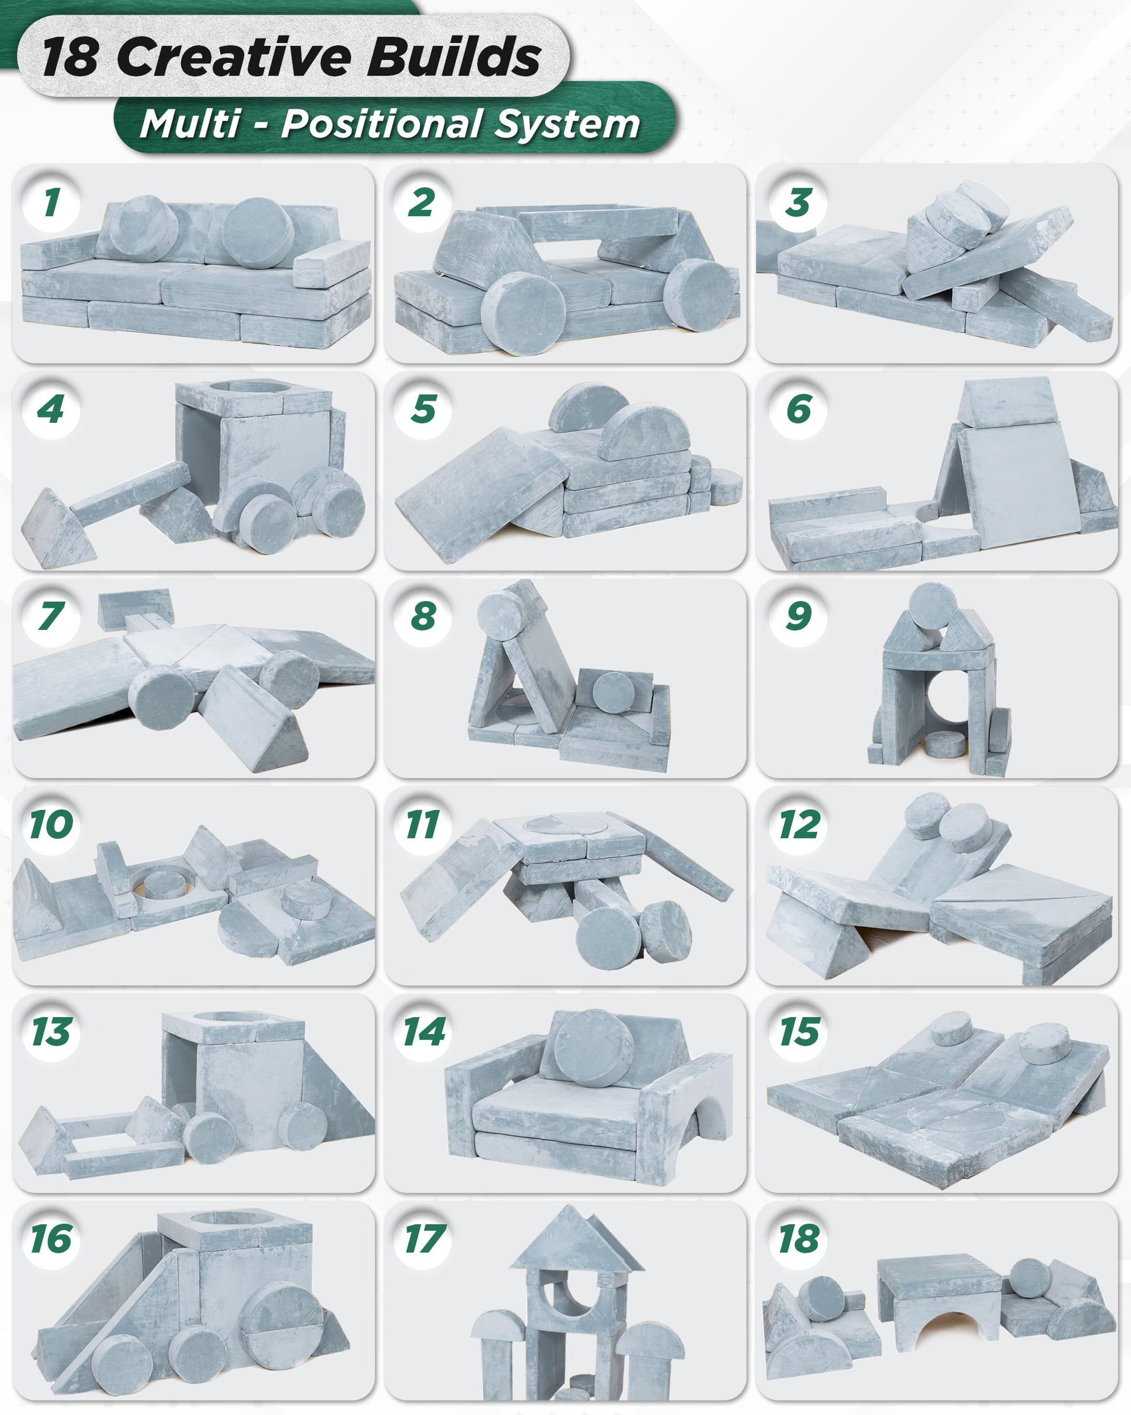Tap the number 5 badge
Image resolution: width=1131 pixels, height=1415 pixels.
click(423, 409)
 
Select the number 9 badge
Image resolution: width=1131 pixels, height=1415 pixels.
click(798, 616)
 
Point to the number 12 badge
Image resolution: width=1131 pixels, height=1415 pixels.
click(799, 824)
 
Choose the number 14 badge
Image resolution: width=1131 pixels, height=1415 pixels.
click(423, 1032)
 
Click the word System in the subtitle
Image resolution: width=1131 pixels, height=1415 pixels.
click(567, 124)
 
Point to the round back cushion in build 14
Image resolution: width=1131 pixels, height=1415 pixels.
click(594, 1046)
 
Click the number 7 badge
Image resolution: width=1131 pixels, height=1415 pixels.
click(51, 616)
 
